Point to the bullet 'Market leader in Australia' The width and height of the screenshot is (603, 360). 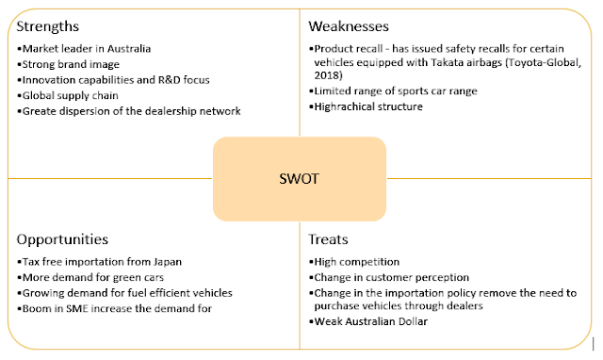click(84, 47)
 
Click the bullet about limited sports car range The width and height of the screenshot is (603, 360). click(394, 90)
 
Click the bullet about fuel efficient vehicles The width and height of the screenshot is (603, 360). click(125, 293)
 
